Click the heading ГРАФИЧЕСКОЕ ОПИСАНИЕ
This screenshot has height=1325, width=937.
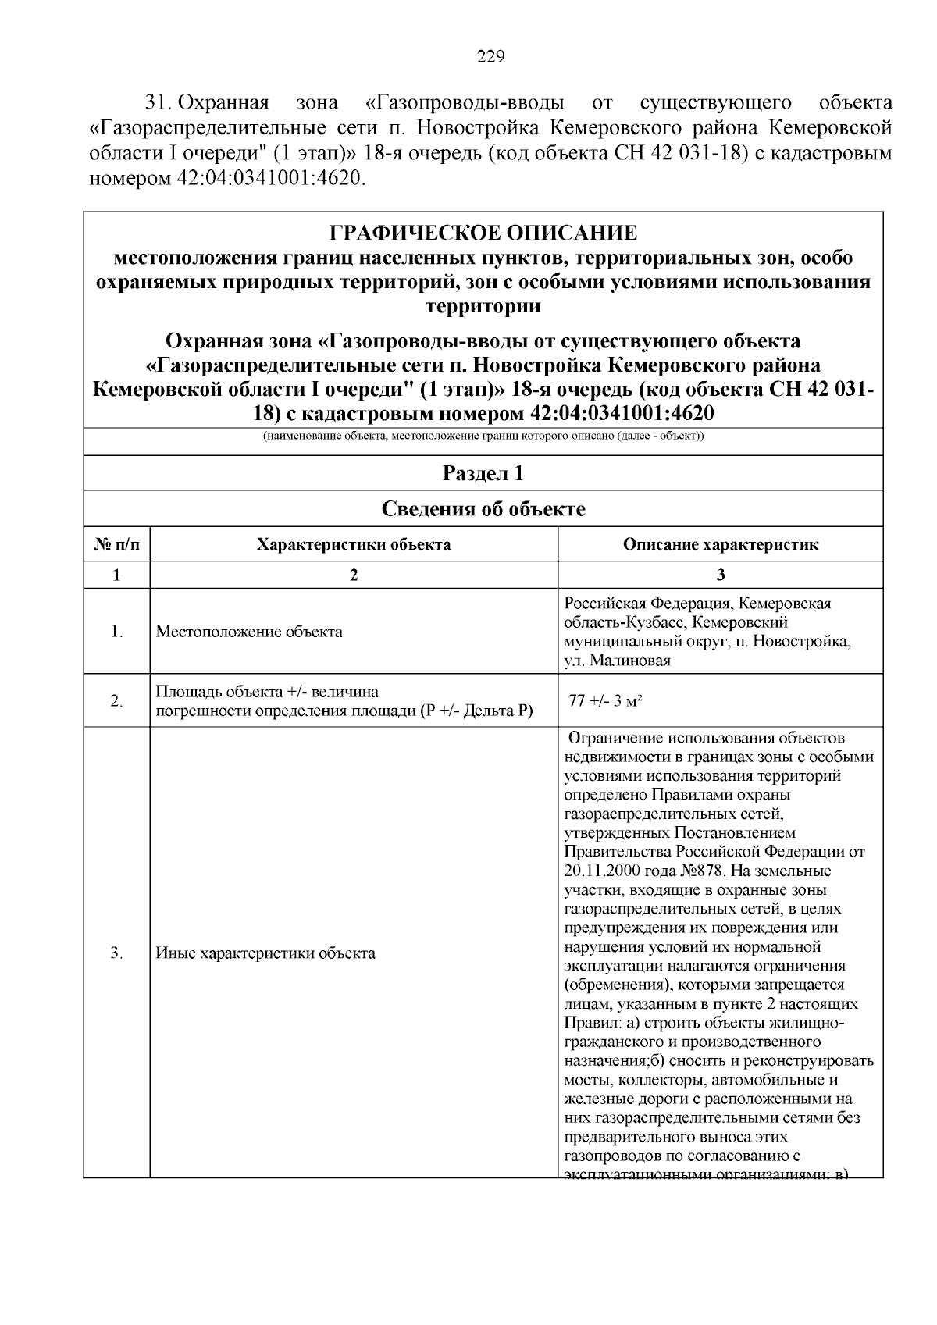click(x=483, y=233)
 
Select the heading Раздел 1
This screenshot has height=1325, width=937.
click(x=483, y=473)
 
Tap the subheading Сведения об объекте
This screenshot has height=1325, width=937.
click(x=483, y=509)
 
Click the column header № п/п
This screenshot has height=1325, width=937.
click(x=117, y=544)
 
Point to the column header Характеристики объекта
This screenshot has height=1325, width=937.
click(x=354, y=544)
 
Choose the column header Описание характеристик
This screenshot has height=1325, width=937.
click(x=720, y=544)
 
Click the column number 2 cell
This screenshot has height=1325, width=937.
click(x=354, y=575)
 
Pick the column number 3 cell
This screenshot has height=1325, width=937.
click(x=720, y=575)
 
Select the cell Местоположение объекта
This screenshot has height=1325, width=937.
click(x=249, y=632)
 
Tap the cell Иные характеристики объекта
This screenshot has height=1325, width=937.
click(x=265, y=953)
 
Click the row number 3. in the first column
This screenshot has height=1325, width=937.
click(x=117, y=953)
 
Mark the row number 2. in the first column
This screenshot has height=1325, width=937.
click(x=117, y=701)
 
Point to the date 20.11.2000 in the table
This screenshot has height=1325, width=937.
click(x=599, y=871)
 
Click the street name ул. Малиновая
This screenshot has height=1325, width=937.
click(x=617, y=661)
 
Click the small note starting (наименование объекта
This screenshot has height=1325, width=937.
click(x=483, y=436)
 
